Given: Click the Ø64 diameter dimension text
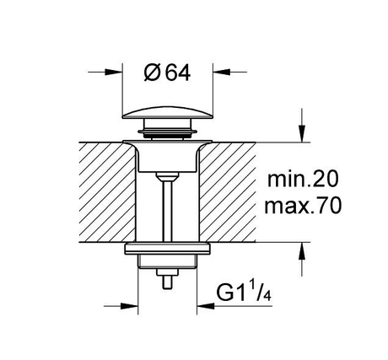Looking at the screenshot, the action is (x=167, y=73).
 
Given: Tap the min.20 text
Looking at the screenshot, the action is (x=303, y=180).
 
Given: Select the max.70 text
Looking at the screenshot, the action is (x=303, y=206).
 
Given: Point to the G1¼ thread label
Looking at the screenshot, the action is (x=244, y=293).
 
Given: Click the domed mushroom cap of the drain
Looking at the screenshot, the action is (x=168, y=113).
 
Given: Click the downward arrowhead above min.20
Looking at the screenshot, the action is (x=302, y=134).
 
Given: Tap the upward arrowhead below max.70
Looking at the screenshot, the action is (x=302, y=251).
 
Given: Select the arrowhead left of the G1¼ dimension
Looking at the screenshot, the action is (x=129, y=306).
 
